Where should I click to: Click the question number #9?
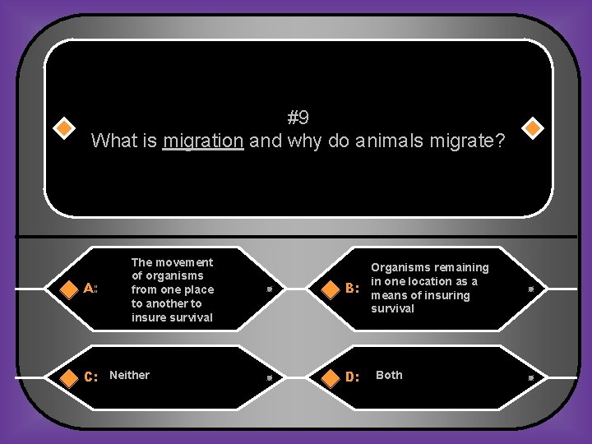pyautogui.click(x=298, y=118)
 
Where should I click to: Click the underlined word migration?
pyautogui.click(x=203, y=141)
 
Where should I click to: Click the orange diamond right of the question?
pyautogui.click(x=532, y=129)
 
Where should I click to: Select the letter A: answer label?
pyautogui.click(x=91, y=289)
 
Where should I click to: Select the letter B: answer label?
pyautogui.click(x=353, y=289)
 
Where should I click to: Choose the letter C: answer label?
pyautogui.click(x=91, y=377)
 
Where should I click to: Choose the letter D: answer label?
pyautogui.click(x=353, y=377)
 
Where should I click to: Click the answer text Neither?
pyautogui.click(x=130, y=375)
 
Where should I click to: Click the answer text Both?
pyautogui.click(x=389, y=375)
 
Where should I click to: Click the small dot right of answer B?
pyautogui.click(x=531, y=289)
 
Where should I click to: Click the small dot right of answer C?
pyautogui.click(x=270, y=377)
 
